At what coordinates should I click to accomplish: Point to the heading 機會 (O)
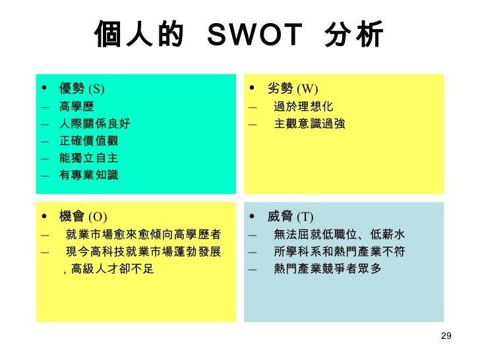tap(82, 216)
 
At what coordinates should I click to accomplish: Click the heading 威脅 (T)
tap(290, 217)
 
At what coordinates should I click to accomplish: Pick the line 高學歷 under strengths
tap(76, 106)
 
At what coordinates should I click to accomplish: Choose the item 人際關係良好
tap(94, 123)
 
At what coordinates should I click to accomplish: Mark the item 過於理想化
tap(303, 106)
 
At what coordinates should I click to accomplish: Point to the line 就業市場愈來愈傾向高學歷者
tap(143, 234)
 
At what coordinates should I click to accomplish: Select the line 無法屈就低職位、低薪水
tap(339, 234)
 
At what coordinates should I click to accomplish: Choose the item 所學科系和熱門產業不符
tap(339, 251)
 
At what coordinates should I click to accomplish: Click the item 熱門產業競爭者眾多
tap(327, 268)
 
